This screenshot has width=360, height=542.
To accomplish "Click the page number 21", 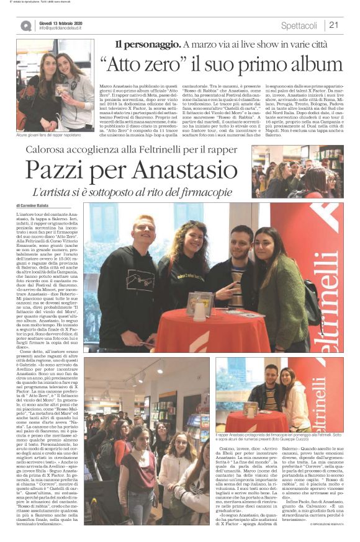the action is pyautogui.click(x=333, y=25).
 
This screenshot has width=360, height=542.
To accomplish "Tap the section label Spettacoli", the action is pyautogui.click(x=299, y=25).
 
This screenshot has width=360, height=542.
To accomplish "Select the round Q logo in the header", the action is pyautogui.click(x=25, y=25).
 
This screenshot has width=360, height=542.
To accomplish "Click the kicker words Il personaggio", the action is pyautogui.click(x=147, y=44).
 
